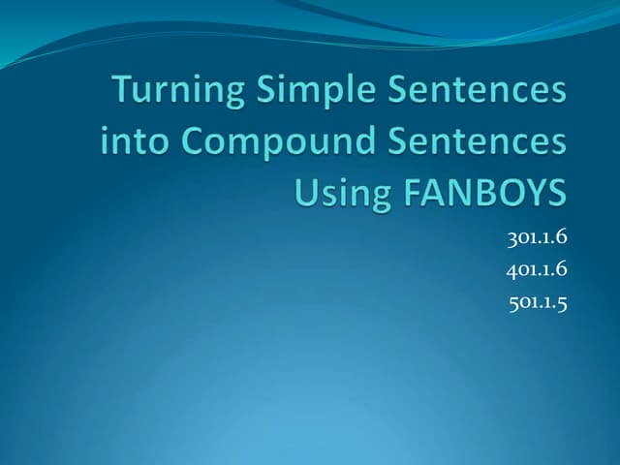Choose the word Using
[x=338, y=193]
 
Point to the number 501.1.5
[x=537, y=303]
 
